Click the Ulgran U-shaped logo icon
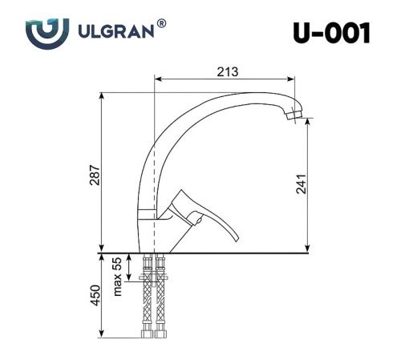[42, 34]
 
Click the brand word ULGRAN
[117, 34]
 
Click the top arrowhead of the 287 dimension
[102, 95]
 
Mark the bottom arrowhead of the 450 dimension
[102, 335]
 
